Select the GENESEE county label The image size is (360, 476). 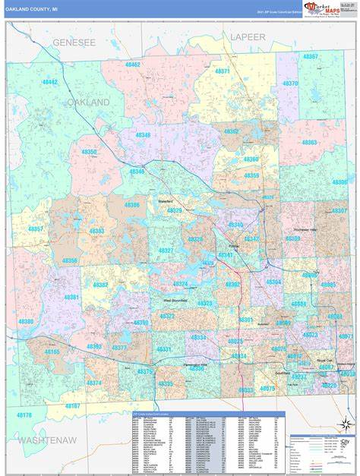point(74,43)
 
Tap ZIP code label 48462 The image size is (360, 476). point(133,65)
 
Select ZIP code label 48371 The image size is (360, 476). point(223,71)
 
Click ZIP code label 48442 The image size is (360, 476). point(50,82)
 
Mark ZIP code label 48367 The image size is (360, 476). point(311,56)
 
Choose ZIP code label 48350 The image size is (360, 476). point(90,152)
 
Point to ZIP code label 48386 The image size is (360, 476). point(132,205)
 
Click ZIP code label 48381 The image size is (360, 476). point(71,297)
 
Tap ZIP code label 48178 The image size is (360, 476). point(24,415)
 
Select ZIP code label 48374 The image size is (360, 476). point(93,383)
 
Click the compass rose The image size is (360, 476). point(345,422)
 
